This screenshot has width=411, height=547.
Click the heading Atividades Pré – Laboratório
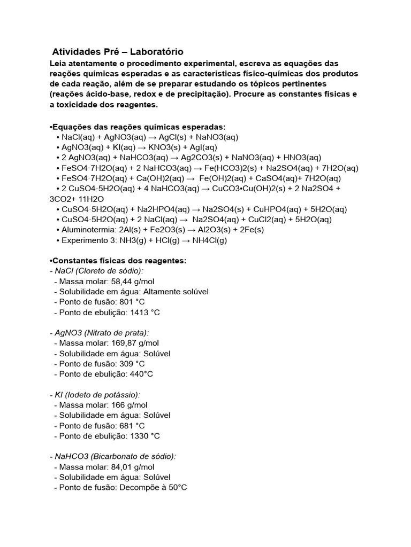[118, 52]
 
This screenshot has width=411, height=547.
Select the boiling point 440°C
[141, 374]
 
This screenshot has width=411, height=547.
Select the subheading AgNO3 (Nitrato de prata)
[99, 333]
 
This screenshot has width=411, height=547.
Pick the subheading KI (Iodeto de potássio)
[97, 395]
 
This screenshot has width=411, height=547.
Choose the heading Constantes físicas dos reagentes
[119, 261]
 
